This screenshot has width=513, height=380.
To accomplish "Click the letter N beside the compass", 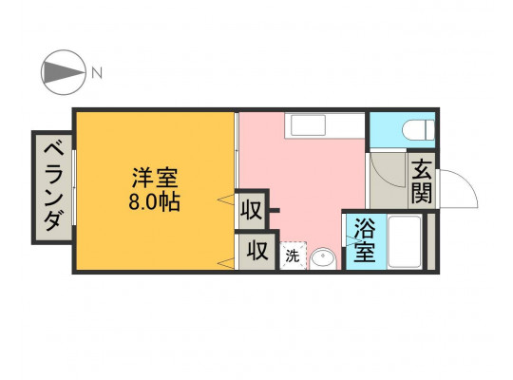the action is (97, 72).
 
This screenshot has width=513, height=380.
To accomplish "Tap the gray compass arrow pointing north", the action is (63, 72).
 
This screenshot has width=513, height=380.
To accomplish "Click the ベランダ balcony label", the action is (53, 187).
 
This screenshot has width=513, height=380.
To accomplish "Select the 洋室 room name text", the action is (155, 178).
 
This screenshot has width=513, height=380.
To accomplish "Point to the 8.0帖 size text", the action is (154, 202).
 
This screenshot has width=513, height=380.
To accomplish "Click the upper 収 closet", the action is (252, 210).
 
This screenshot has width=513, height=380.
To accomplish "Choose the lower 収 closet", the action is (257, 252).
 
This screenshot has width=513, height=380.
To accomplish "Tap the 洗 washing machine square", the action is (293, 256).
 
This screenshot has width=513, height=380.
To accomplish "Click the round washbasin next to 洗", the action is (323, 258).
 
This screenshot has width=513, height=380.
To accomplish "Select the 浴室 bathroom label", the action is (364, 240).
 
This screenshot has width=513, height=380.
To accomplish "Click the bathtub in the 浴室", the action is (405, 241).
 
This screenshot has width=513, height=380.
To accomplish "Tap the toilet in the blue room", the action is (419, 130).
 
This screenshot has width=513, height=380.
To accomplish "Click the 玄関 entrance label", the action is (422, 181).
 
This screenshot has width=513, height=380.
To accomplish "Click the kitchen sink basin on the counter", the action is (308, 125).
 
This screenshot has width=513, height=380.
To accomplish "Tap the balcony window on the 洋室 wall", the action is (74, 187).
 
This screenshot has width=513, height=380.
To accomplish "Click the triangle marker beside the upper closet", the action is (226, 199).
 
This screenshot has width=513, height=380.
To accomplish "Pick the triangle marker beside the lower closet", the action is (226, 263).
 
